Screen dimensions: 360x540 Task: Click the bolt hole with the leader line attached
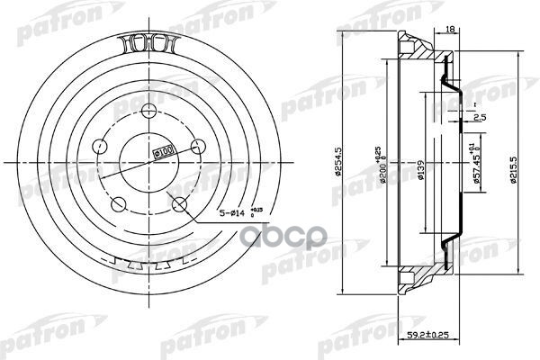click(x=180, y=202)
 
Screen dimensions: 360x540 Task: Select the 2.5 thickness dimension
click(x=481, y=116)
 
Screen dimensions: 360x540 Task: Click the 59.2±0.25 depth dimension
click(x=442, y=337)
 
